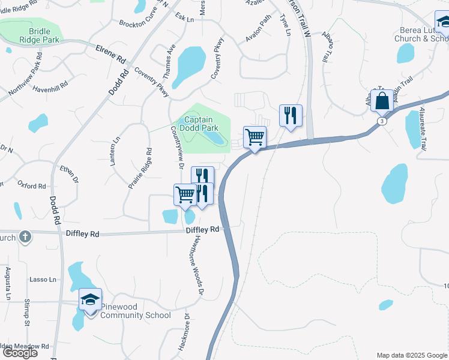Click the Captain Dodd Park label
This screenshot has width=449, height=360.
(200, 124)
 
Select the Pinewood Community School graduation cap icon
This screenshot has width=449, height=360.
(90, 299)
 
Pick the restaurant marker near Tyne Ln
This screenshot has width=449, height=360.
(291, 115)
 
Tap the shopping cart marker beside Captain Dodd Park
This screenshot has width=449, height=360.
(255, 137)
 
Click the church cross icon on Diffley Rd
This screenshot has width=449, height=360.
(25, 236)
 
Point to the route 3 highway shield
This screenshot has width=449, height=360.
(382, 121)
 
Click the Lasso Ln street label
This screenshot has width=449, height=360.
(43, 280)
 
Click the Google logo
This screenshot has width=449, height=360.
(20, 353)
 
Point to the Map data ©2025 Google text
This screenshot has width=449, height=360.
(411, 355)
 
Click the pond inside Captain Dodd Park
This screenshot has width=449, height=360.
(214, 137)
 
